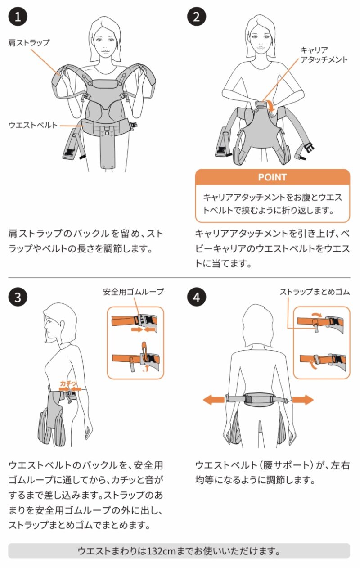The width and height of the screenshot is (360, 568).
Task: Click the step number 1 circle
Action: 18,17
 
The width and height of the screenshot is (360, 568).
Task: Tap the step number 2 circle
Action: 197,17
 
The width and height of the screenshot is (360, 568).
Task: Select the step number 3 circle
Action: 18,297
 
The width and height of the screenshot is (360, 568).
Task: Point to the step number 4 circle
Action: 197,297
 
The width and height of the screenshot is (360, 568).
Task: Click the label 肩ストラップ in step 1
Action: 29,42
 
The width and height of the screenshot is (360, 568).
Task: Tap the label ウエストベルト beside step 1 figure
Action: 33,125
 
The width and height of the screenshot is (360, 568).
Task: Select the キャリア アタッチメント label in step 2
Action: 324,55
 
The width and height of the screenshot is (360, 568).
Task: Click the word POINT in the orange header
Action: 273,177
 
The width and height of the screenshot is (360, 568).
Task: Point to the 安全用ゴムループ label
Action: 133,292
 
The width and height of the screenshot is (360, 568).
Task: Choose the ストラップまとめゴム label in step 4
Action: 315,292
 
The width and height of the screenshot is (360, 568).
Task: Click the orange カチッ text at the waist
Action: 68,383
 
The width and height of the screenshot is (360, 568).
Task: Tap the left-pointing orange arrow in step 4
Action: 214,400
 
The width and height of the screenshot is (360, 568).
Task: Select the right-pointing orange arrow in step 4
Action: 303,400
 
